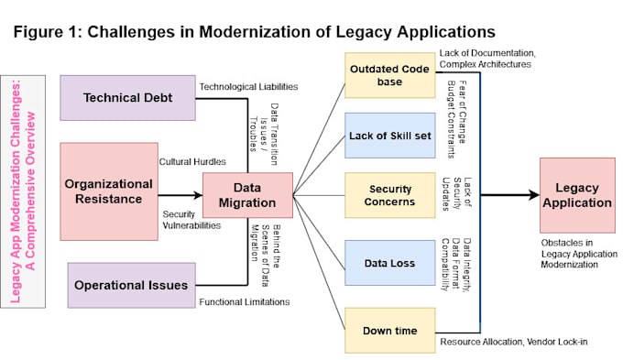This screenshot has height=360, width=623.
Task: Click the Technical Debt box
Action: (127, 98)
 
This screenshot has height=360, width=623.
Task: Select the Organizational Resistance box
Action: (109, 191)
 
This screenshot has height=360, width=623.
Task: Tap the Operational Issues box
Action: (132, 285)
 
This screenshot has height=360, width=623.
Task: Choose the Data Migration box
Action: (247, 195)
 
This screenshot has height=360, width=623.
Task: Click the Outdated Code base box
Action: (389, 75)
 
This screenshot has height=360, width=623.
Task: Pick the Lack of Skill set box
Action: (389, 136)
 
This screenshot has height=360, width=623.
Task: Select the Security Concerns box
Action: (389, 195)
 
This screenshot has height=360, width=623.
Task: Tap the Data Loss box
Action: (389, 263)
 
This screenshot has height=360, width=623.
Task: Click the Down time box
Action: (389, 330)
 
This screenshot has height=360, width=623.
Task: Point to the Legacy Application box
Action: (577, 195)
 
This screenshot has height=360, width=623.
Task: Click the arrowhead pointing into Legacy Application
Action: (534, 195)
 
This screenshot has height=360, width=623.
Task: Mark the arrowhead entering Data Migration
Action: (198, 195)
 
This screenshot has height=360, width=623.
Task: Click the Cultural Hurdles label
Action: (192, 162)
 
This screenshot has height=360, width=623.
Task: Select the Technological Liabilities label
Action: (248, 87)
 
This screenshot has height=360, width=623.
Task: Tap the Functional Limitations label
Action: (245, 302)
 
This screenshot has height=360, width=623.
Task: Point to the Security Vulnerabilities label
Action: (191, 220)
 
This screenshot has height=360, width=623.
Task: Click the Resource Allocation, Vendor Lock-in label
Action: (514, 342)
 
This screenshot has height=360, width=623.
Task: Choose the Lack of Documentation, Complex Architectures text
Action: (487, 59)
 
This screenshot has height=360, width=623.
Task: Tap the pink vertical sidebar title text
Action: (23, 191)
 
